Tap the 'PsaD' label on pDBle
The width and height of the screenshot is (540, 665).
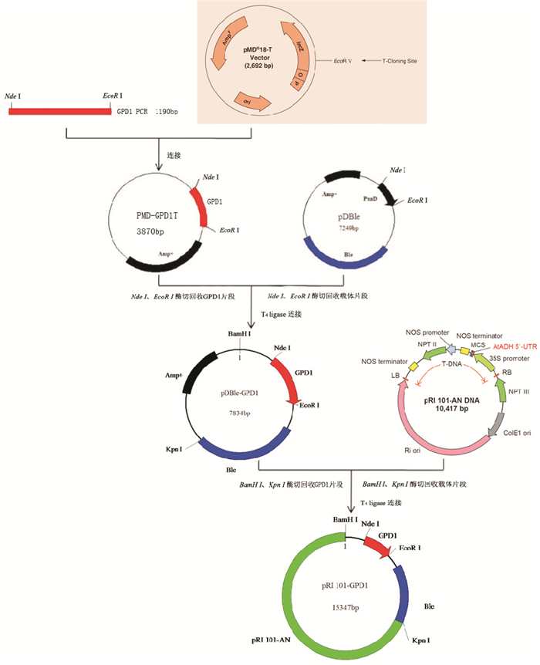[366, 197]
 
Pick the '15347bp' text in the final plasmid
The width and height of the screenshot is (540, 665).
[343, 609]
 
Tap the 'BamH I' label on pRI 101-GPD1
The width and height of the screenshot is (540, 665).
[345, 521]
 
